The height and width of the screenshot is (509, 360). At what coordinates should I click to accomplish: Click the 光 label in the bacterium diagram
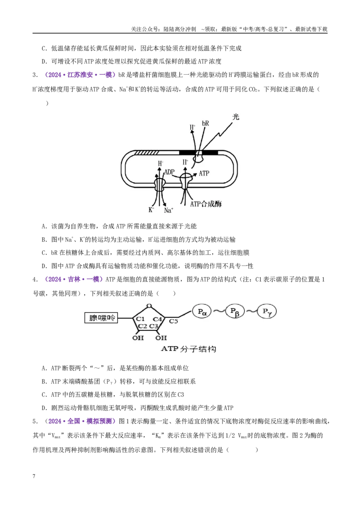pos(236,117)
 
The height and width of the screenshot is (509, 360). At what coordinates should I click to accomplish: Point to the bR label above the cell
pos(205,123)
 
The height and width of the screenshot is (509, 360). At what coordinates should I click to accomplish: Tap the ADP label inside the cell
pos(169,172)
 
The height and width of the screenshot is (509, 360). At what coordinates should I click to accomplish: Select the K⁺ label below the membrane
pos(151,210)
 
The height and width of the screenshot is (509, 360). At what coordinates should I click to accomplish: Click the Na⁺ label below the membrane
pos(168,210)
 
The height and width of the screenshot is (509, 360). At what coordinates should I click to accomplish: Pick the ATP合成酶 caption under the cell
pos(206,204)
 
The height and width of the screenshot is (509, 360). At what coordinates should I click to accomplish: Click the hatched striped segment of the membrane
pos(147,152)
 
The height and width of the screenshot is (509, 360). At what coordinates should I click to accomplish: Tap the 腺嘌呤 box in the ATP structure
pos(101,318)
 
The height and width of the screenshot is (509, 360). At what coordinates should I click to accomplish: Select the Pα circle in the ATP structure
pos(202,312)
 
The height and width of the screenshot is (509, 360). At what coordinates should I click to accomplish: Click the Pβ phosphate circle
pos(234,312)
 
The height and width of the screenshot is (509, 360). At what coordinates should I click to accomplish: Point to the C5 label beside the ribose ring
pos(174,321)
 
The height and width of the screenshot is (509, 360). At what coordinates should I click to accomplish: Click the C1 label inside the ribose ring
pos(140,319)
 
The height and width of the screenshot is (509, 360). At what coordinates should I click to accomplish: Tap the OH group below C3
pos(161,338)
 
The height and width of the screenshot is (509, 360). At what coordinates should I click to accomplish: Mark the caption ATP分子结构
pos(189,349)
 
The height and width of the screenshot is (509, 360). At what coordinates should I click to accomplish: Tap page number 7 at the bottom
pos(34,476)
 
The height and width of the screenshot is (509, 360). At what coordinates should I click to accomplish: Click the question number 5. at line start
pos(35,421)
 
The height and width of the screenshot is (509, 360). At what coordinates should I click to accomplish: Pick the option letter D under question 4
pos(44,408)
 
